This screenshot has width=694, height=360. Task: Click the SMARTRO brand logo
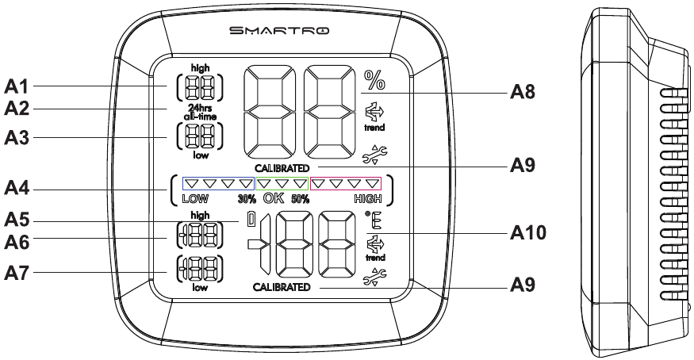pos(279,30)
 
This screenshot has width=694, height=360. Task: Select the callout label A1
pos(17,86)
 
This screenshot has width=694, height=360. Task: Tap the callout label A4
pos(17,189)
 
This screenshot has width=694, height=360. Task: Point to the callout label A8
pos(522,92)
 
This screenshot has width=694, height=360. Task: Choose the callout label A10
pos(528,232)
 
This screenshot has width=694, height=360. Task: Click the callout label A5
pos(17,220)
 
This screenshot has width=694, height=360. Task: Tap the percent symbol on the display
pos(374,80)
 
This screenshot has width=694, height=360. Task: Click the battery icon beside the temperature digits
pos(251,220)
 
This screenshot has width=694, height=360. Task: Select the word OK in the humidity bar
pos(274,198)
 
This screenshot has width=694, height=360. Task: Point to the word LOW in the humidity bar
pos(195,199)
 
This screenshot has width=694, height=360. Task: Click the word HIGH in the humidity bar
pos(368,199)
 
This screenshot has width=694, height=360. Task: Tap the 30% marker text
pos(247,199)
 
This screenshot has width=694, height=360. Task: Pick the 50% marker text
pos(300,199)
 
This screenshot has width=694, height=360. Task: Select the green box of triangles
pos(282,183)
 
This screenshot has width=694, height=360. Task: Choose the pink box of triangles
pos(346,183)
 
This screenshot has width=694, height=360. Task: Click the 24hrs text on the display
pos(201,109)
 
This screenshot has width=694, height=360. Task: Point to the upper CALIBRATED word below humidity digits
pos(282,168)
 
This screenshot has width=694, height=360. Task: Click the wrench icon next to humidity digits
pos(374,155)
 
